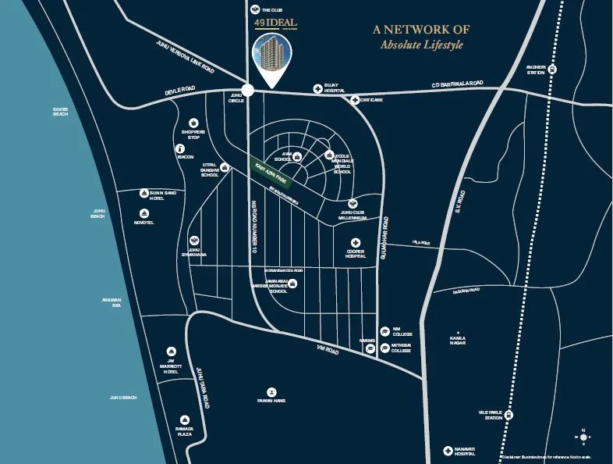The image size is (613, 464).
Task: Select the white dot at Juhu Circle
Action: click(x=247, y=91)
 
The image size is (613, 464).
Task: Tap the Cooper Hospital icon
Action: click(x=356, y=242)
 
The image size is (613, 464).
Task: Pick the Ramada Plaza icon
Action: click(x=185, y=419)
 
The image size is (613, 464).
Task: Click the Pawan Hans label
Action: click(x=271, y=402)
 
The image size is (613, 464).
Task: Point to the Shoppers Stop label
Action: click(x=193, y=134)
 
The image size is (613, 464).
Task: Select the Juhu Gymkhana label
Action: click(x=193, y=253)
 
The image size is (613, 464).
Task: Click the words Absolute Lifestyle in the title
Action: click(x=421, y=45)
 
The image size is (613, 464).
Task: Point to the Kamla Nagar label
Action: click(x=457, y=341)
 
